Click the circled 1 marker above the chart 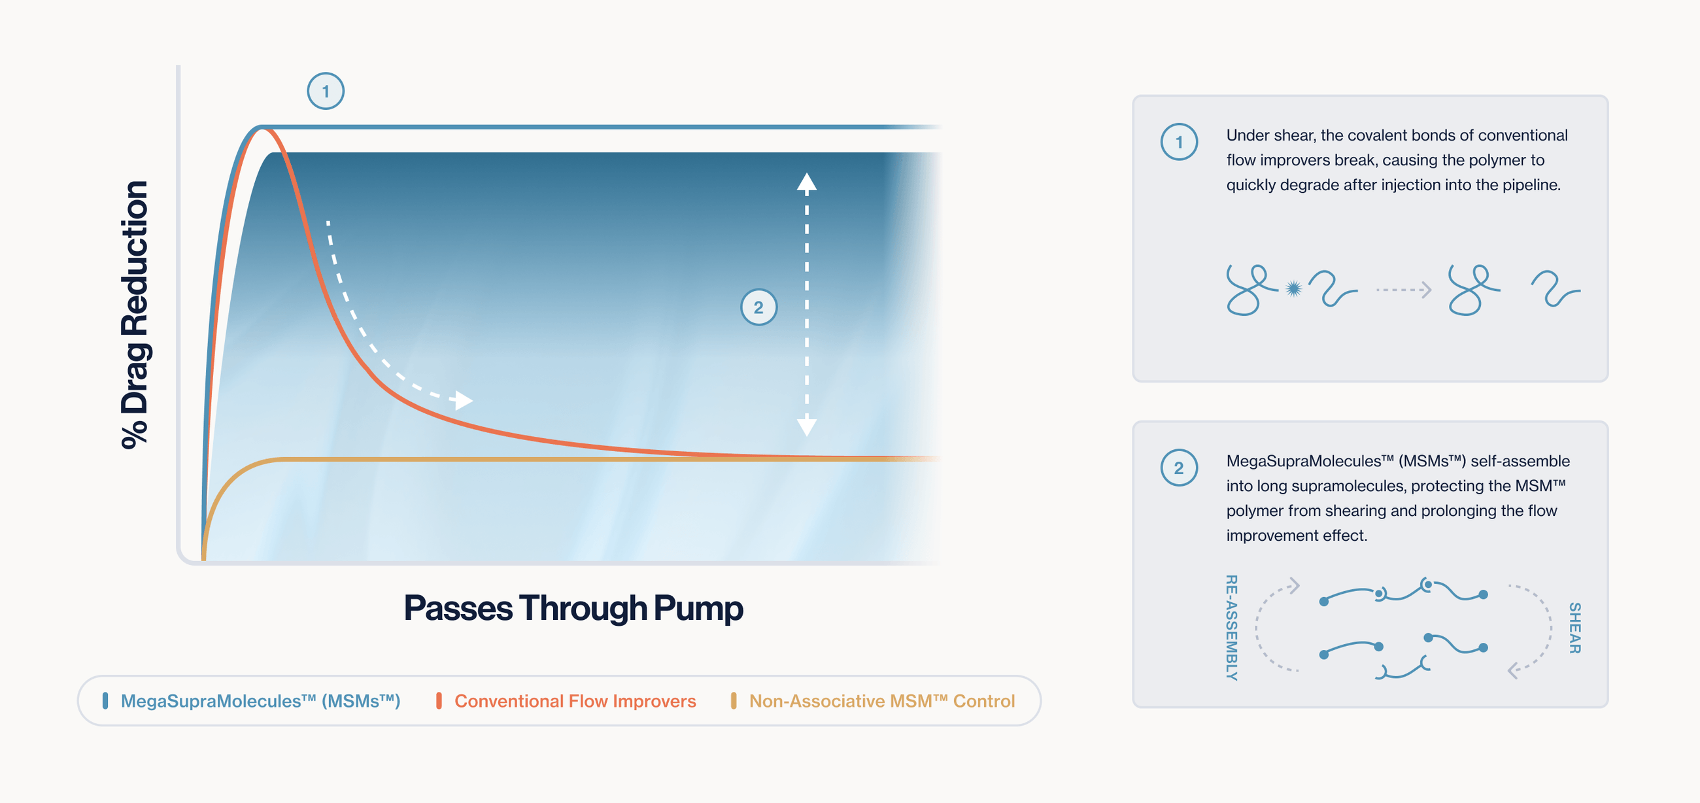pos(326,91)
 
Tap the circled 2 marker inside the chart pos(758,307)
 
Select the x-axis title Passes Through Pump pos(573,607)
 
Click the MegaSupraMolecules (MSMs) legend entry pos(260,701)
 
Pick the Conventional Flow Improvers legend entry pos(575,701)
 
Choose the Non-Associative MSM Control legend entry pos(881,701)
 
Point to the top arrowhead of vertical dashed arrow pos(806,181)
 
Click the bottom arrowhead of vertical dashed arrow pos(806,427)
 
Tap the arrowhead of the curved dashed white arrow pos(465,400)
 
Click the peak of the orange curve pos(263,129)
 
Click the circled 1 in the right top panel pos(1179,142)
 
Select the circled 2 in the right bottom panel pos(1179,468)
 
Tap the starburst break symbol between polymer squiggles pos(1293,288)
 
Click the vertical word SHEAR pos(1574,628)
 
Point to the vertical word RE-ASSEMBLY pos(1231,627)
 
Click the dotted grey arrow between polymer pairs pos(1403,290)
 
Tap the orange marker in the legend pos(439,701)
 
